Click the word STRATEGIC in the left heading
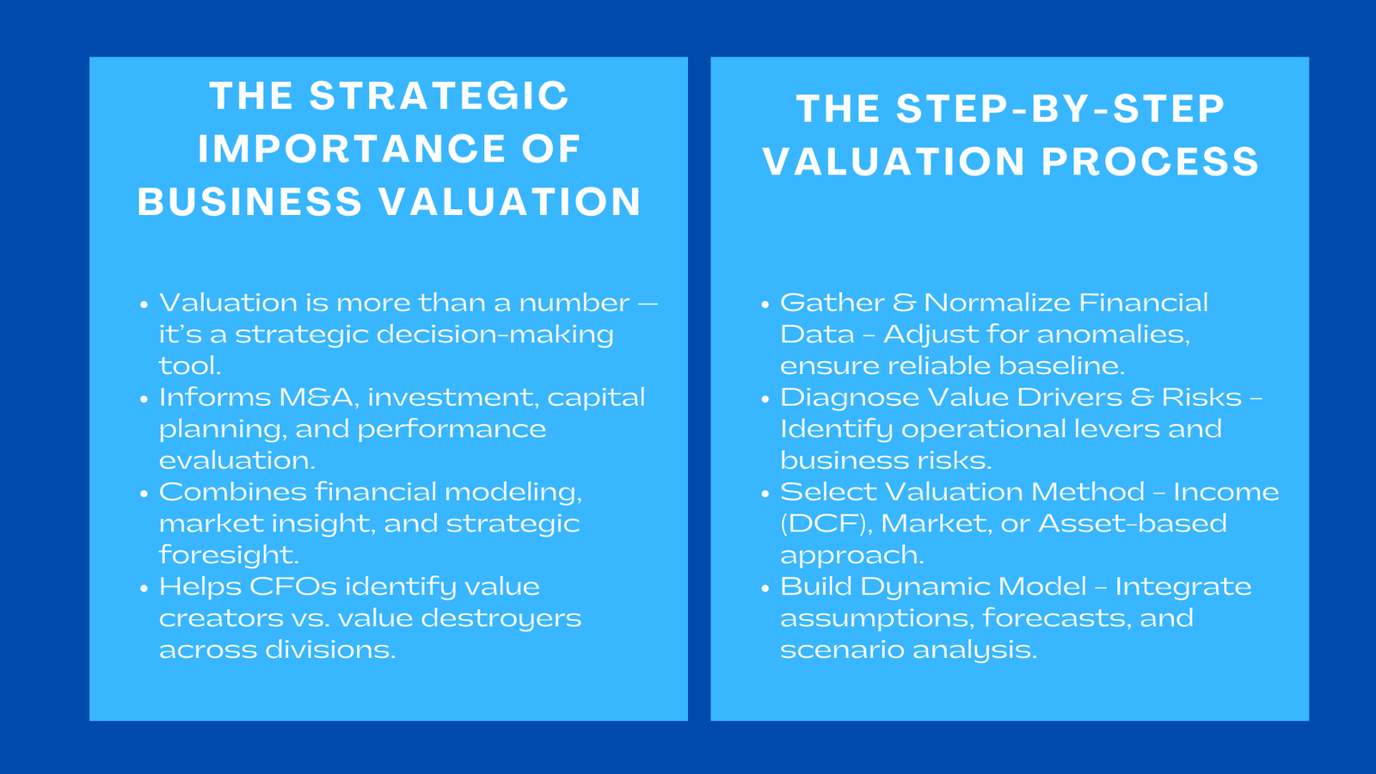[439, 95]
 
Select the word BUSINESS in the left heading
[249, 202]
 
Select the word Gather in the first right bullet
[832, 303]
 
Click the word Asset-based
[1132, 524]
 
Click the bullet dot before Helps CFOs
[144, 588]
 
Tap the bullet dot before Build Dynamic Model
[765, 588]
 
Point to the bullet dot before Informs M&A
[144, 399]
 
